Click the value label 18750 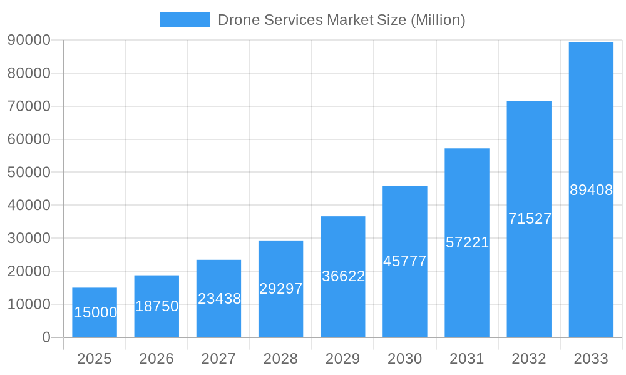click(x=157, y=306)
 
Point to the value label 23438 click(x=219, y=299)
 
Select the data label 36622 click(x=343, y=276)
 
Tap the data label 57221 click(x=467, y=242)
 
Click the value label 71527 click(x=530, y=219)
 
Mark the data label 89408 click(x=591, y=190)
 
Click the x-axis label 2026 click(x=156, y=359)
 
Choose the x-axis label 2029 click(x=343, y=359)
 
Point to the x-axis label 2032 click(x=529, y=359)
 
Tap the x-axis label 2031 click(x=467, y=359)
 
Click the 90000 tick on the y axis click(x=29, y=40)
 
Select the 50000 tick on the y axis click(x=29, y=172)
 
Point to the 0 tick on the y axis click(x=46, y=337)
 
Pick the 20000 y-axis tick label click(x=29, y=271)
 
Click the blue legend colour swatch click(x=185, y=20)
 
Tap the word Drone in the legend click(x=239, y=20)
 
